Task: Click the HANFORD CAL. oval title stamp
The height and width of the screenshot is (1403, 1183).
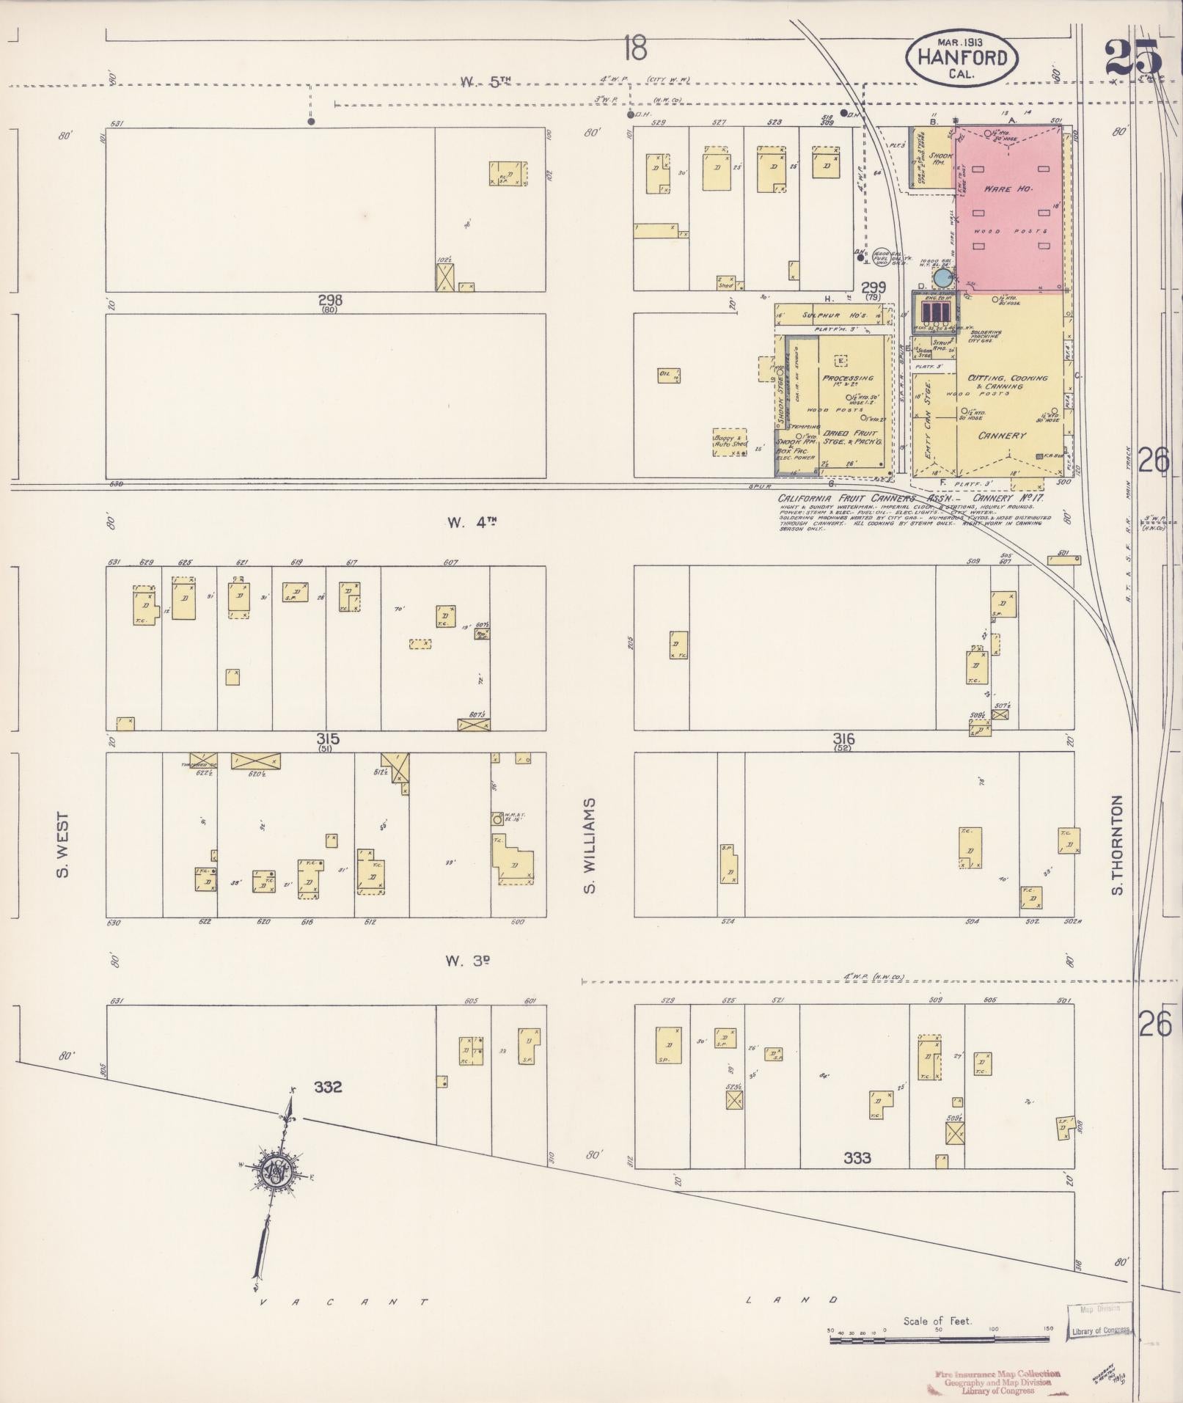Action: [x=962, y=56]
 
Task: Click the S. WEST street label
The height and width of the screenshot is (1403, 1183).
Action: [x=63, y=844]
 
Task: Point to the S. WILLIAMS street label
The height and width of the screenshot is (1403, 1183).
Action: [x=590, y=846]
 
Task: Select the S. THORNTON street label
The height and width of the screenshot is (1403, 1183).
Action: [x=1117, y=845]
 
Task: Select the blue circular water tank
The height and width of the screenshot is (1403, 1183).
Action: [x=942, y=278]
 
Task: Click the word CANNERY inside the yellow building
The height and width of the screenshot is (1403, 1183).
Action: [x=1002, y=436]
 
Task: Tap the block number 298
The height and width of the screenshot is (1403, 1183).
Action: [x=330, y=300]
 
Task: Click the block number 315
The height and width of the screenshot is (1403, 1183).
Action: [x=328, y=739]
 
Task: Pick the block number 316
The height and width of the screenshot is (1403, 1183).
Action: [x=843, y=739]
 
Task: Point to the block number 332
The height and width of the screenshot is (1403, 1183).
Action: [x=328, y=1087]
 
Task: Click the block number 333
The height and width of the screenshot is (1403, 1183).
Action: [x=857, y=1158]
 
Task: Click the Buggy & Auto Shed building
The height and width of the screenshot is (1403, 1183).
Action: [x=730, y=442]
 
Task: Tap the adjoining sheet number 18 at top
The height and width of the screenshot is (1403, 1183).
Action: [x=634, y=50]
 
